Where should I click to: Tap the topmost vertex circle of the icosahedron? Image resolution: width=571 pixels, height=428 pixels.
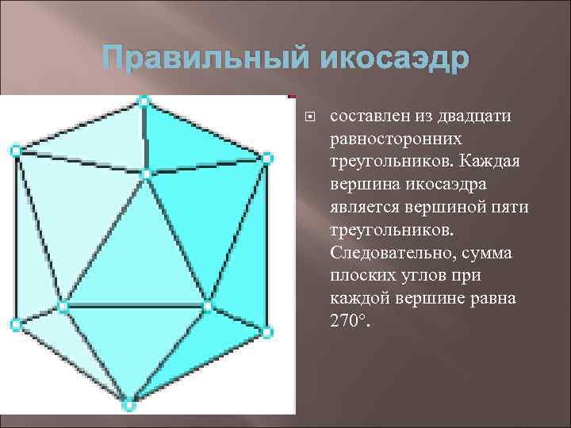[x=143, y=101]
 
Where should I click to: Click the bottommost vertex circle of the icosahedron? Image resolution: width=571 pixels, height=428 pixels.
[x=129, y=406]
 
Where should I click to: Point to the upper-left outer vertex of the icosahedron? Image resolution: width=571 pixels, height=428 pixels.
[x=14, y=149]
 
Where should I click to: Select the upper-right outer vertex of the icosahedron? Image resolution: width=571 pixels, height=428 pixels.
[x=266, y=158]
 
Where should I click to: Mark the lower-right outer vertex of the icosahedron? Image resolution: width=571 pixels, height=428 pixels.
[x=267, y=331]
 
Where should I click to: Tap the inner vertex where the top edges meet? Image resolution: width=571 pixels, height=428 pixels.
[x=146, y=173]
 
